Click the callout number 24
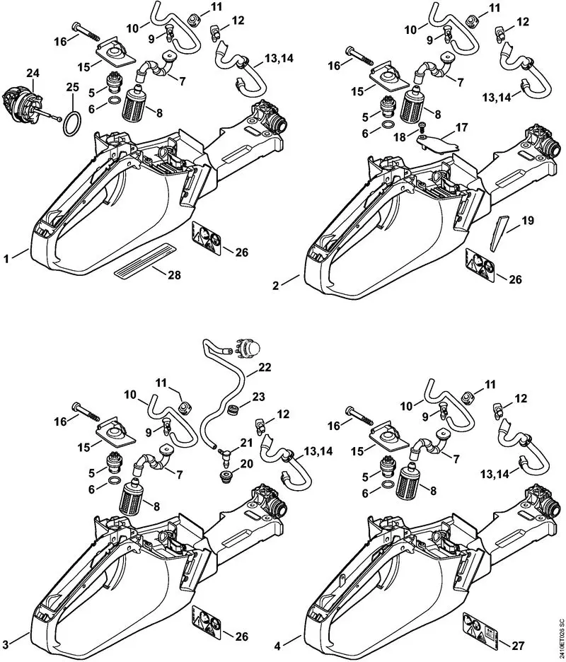pyautogui.click(x=33, y=72)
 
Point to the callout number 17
pyautogui.click(x=461, y=128)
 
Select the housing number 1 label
pyautogui.click(x=6, y=259)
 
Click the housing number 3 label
pyautogui.click(x=6, y=623)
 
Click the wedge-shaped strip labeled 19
pyautogui.click(x=500, y=228)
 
